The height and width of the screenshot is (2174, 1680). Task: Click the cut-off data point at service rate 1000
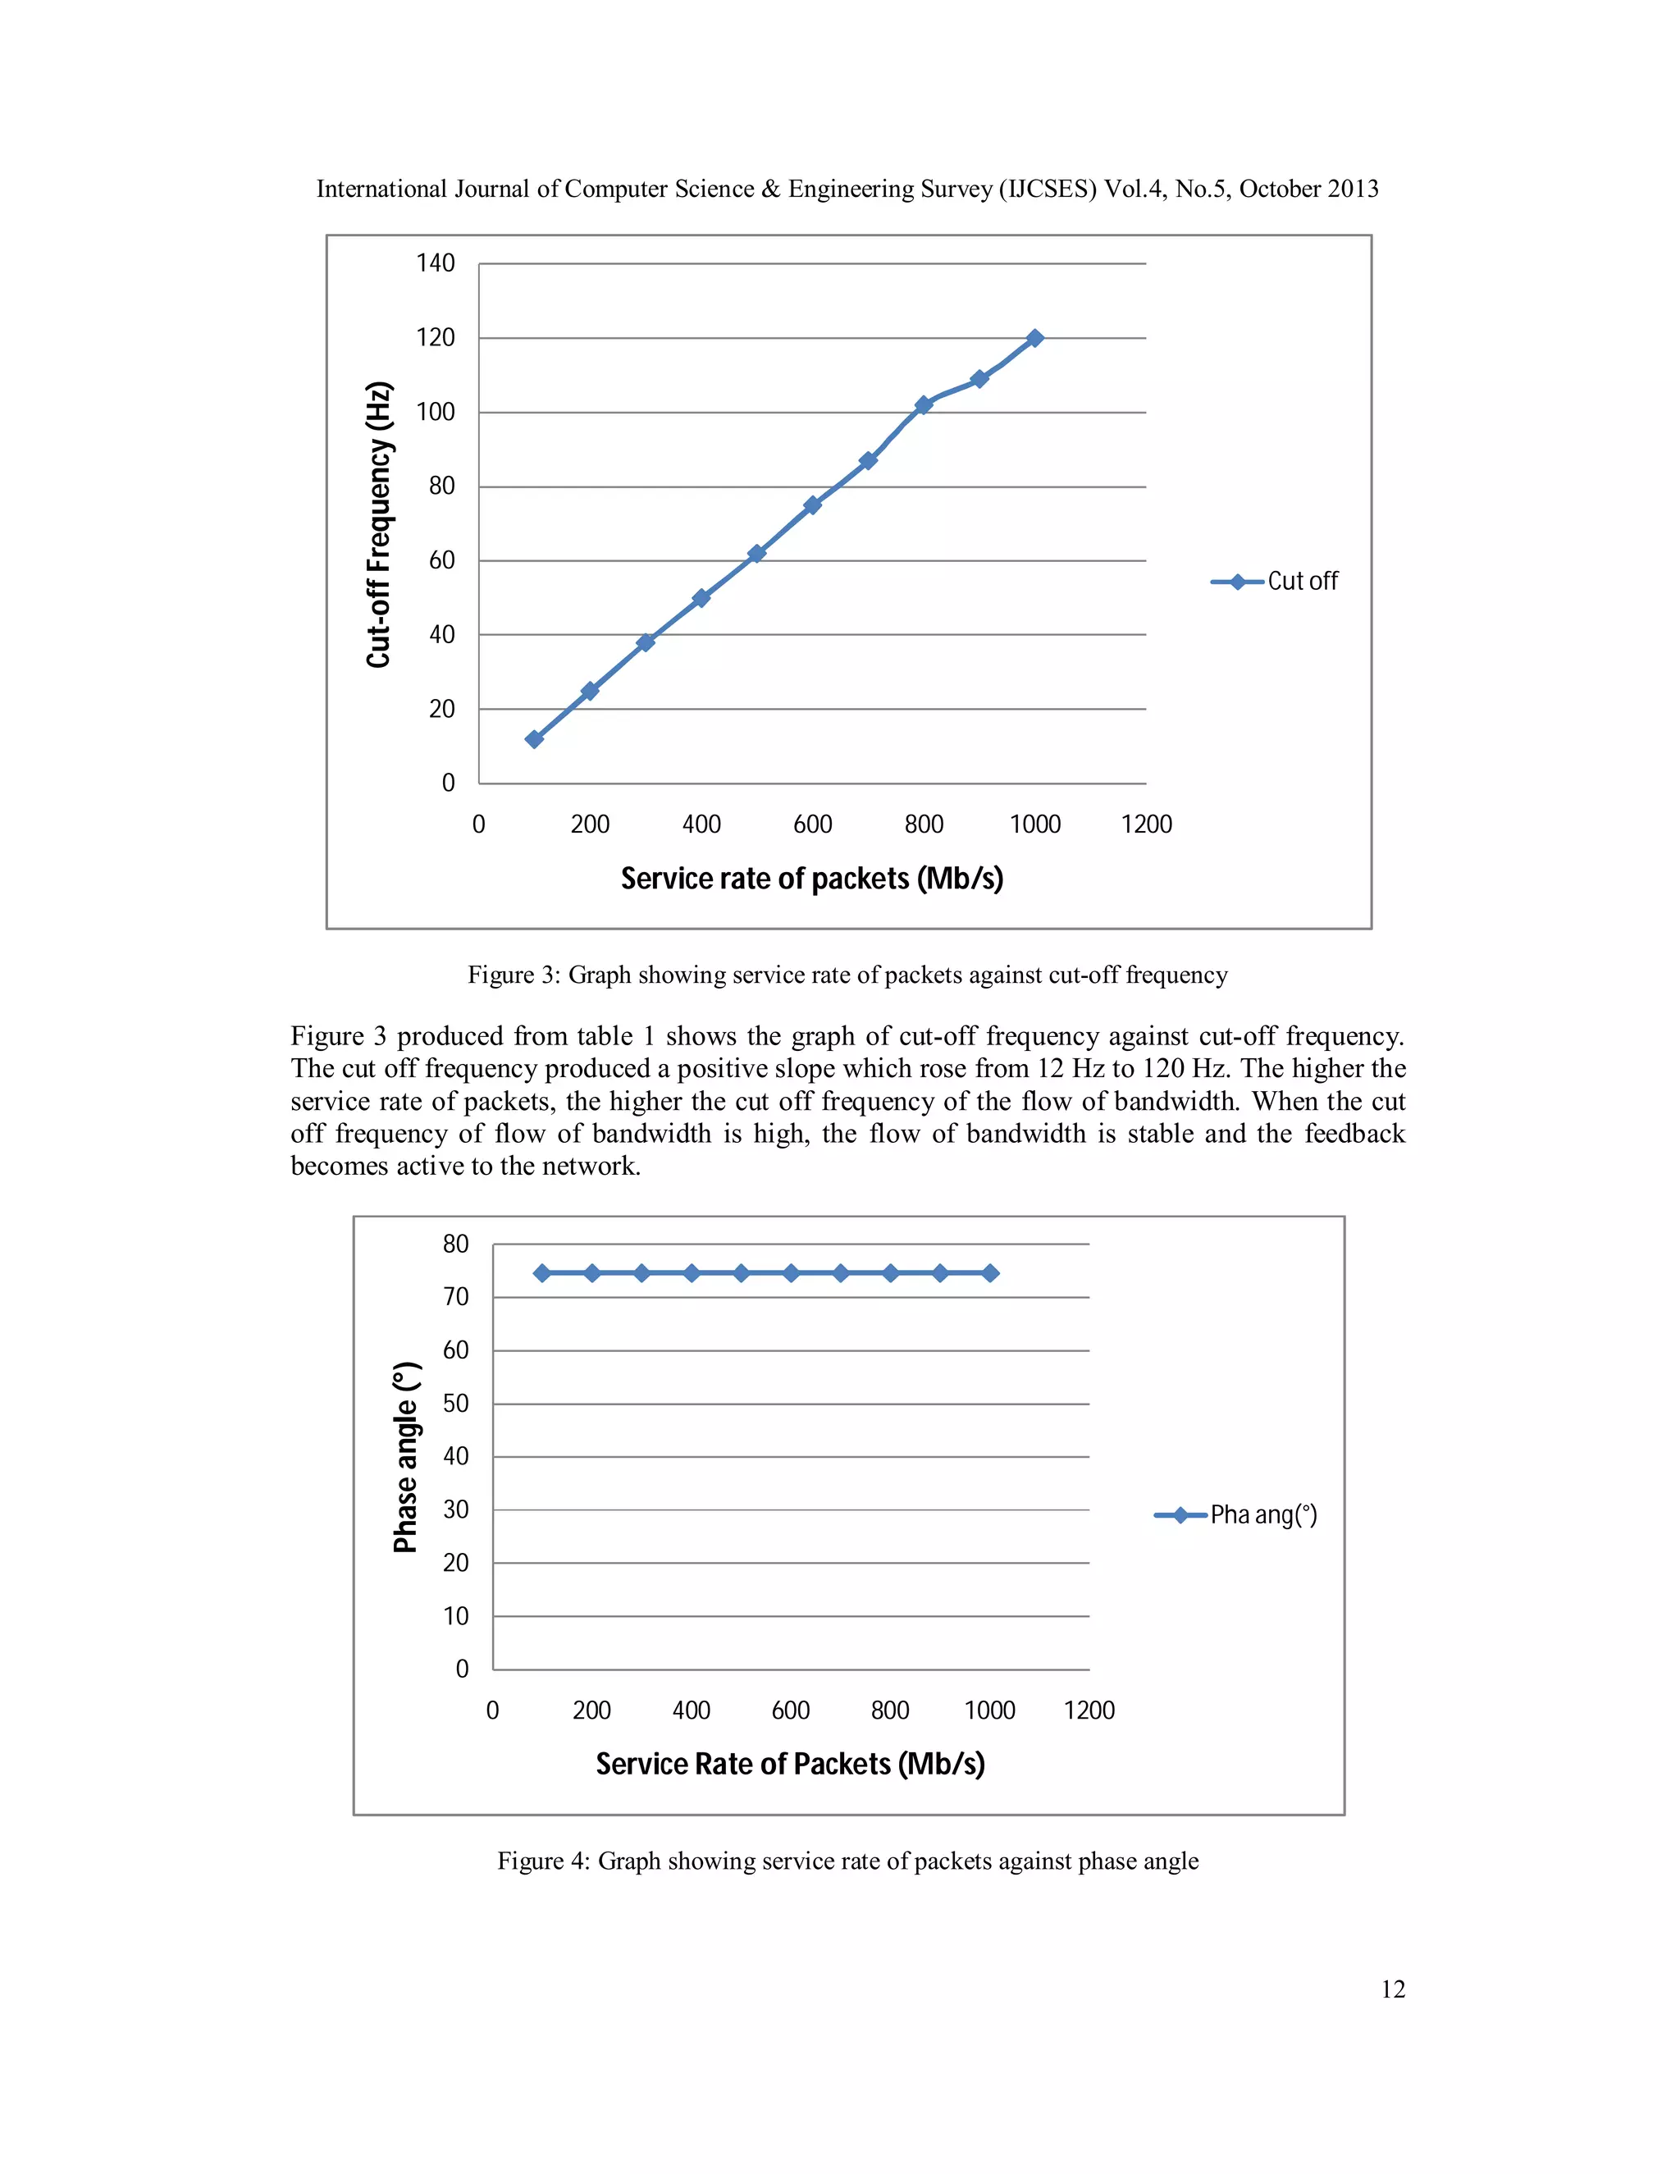1034,339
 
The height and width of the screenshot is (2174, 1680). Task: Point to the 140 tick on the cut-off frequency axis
435,264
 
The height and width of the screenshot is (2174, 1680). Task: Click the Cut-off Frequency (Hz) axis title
379,524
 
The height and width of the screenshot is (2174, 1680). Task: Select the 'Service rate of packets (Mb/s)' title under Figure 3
811,879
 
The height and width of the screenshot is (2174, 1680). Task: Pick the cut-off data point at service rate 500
756,554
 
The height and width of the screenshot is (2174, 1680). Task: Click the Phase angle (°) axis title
406,1457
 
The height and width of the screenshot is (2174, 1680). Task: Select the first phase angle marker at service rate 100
542,1273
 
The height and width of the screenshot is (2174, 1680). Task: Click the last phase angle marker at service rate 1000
990,1273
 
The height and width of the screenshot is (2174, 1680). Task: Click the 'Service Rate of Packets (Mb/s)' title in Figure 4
790,1764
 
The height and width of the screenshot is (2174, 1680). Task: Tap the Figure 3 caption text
847,975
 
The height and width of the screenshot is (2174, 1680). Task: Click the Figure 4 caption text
847,1861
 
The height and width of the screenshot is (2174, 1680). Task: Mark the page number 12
1392,1989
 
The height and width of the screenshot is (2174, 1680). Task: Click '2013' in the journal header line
1352,190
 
